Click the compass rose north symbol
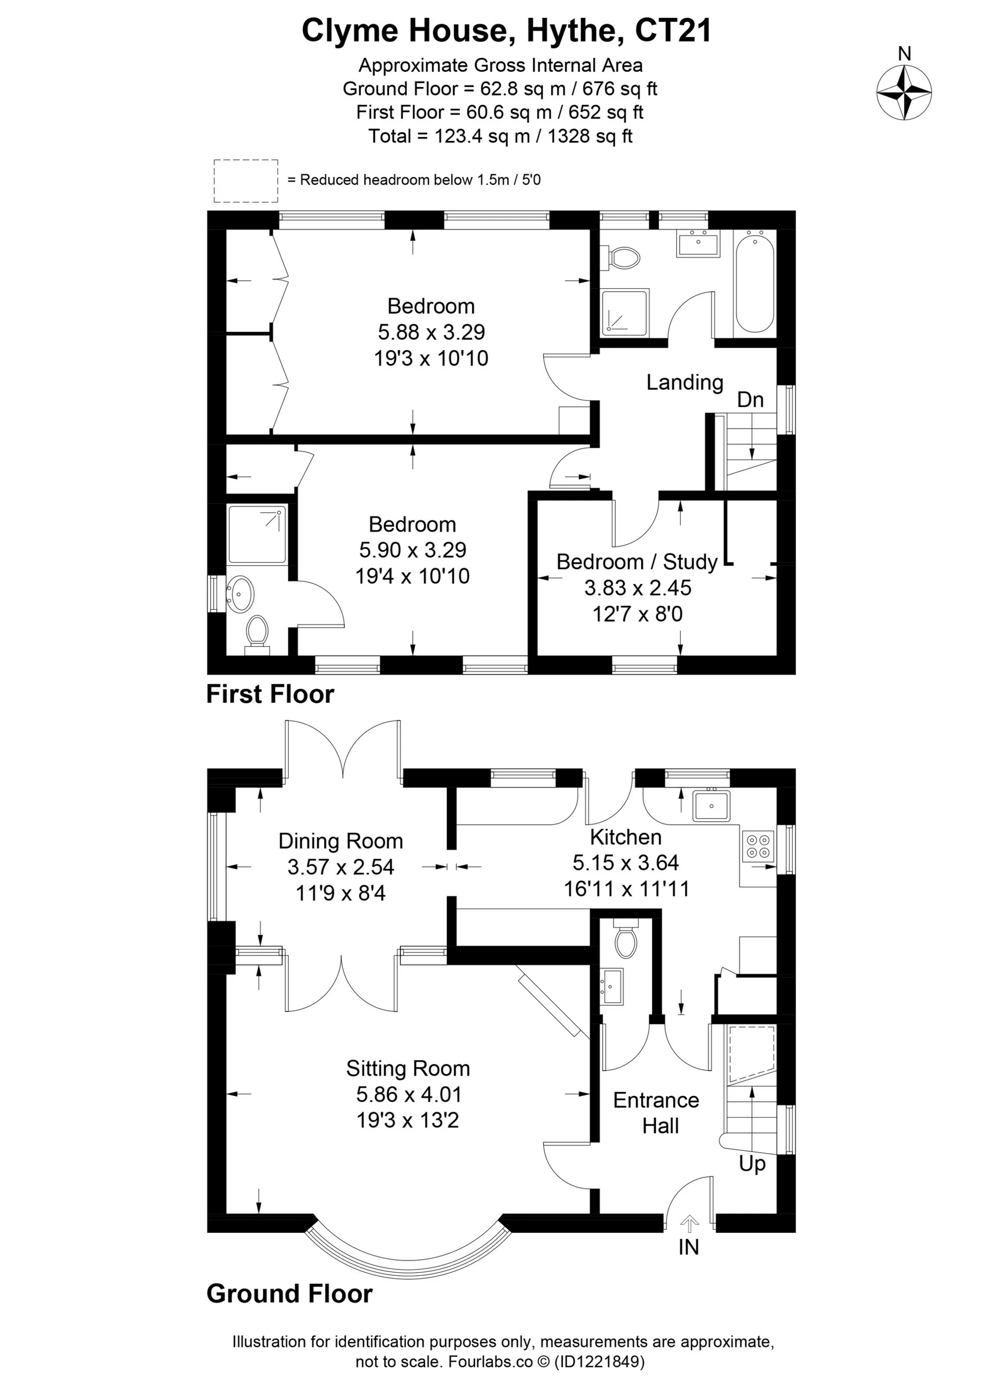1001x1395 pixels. (903, 91)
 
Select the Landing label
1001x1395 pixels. (684, 383)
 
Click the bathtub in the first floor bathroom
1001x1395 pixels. (754, 283)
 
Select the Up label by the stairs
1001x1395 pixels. (752, 1164)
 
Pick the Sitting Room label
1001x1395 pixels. (408, 1069)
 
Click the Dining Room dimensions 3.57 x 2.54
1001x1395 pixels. (341, 867)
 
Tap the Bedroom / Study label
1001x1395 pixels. (637, 562)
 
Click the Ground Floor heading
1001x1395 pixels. (290, 1294)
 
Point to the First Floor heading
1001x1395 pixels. (270, 694)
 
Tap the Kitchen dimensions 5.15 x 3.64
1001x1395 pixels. (625, 862)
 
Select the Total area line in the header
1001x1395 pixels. (500, 136)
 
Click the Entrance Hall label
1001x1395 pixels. (656, 1113)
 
